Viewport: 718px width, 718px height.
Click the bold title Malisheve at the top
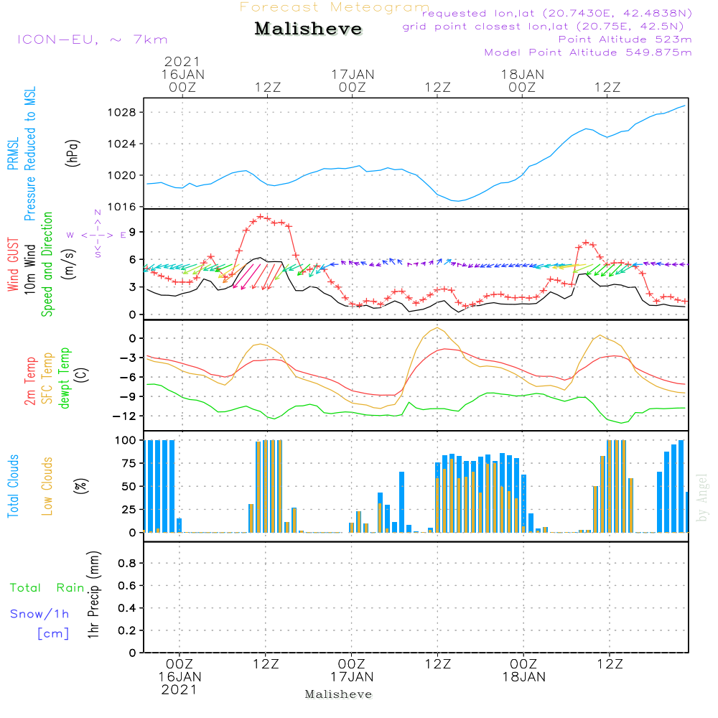point(308,29)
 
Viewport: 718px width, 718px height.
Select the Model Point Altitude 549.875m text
point(588,52)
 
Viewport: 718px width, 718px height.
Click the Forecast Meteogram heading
point(334,7)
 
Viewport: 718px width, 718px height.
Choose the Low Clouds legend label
point(48,486)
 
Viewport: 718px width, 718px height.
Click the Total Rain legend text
point(47,588)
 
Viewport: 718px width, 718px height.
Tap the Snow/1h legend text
point(39,614)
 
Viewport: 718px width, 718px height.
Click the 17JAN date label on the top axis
point(352,74)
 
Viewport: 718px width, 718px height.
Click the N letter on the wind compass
point(98,213)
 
